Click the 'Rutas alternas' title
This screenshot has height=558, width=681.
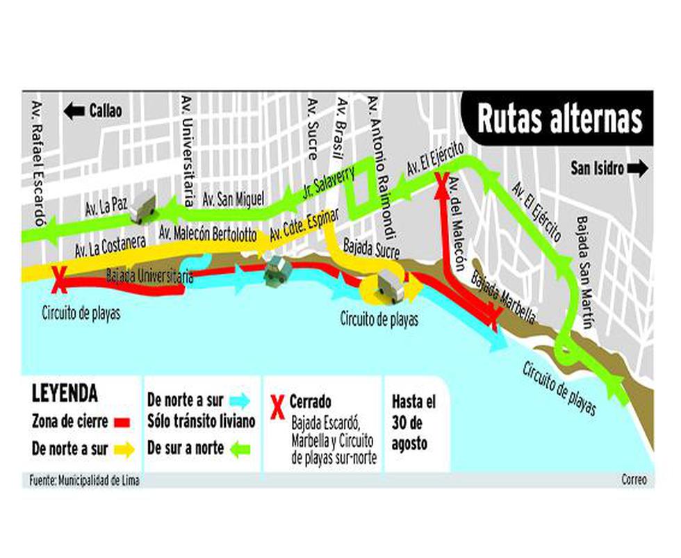(x=559, y=120)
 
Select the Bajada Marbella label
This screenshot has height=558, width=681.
(x=503, y=296)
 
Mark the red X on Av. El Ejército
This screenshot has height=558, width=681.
(x=441, y=183)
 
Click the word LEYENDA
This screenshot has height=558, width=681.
(x=65, y=393)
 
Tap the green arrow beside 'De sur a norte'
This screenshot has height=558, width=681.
(x=240, y=448)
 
